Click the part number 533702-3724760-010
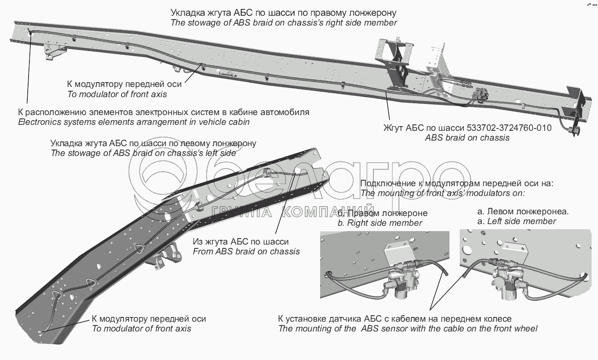[x=509, y=128]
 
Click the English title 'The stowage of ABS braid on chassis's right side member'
[x=283, y=23]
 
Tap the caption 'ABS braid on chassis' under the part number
[x=467, y=138]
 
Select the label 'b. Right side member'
[x=380, y=223]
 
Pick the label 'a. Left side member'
[x=517, y=221]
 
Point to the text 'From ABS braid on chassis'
[x=246, y=251]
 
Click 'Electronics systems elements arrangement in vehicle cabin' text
[x=134, y=122]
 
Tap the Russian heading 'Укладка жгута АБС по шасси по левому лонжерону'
[x=153, y=143]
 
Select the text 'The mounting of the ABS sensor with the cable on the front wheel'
[x=408, y=328]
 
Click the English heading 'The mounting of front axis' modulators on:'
[x=442, y=193]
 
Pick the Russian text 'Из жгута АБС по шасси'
[x=240, y=242]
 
